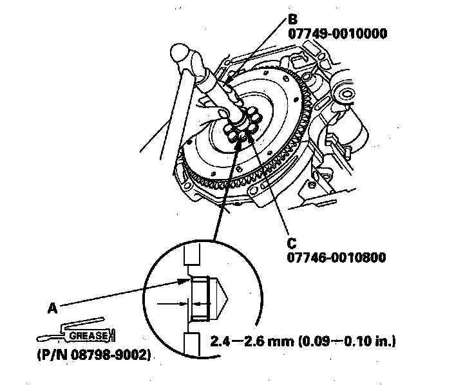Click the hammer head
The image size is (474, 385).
tap(185, 57)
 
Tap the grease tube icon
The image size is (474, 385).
tap(74, 333)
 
